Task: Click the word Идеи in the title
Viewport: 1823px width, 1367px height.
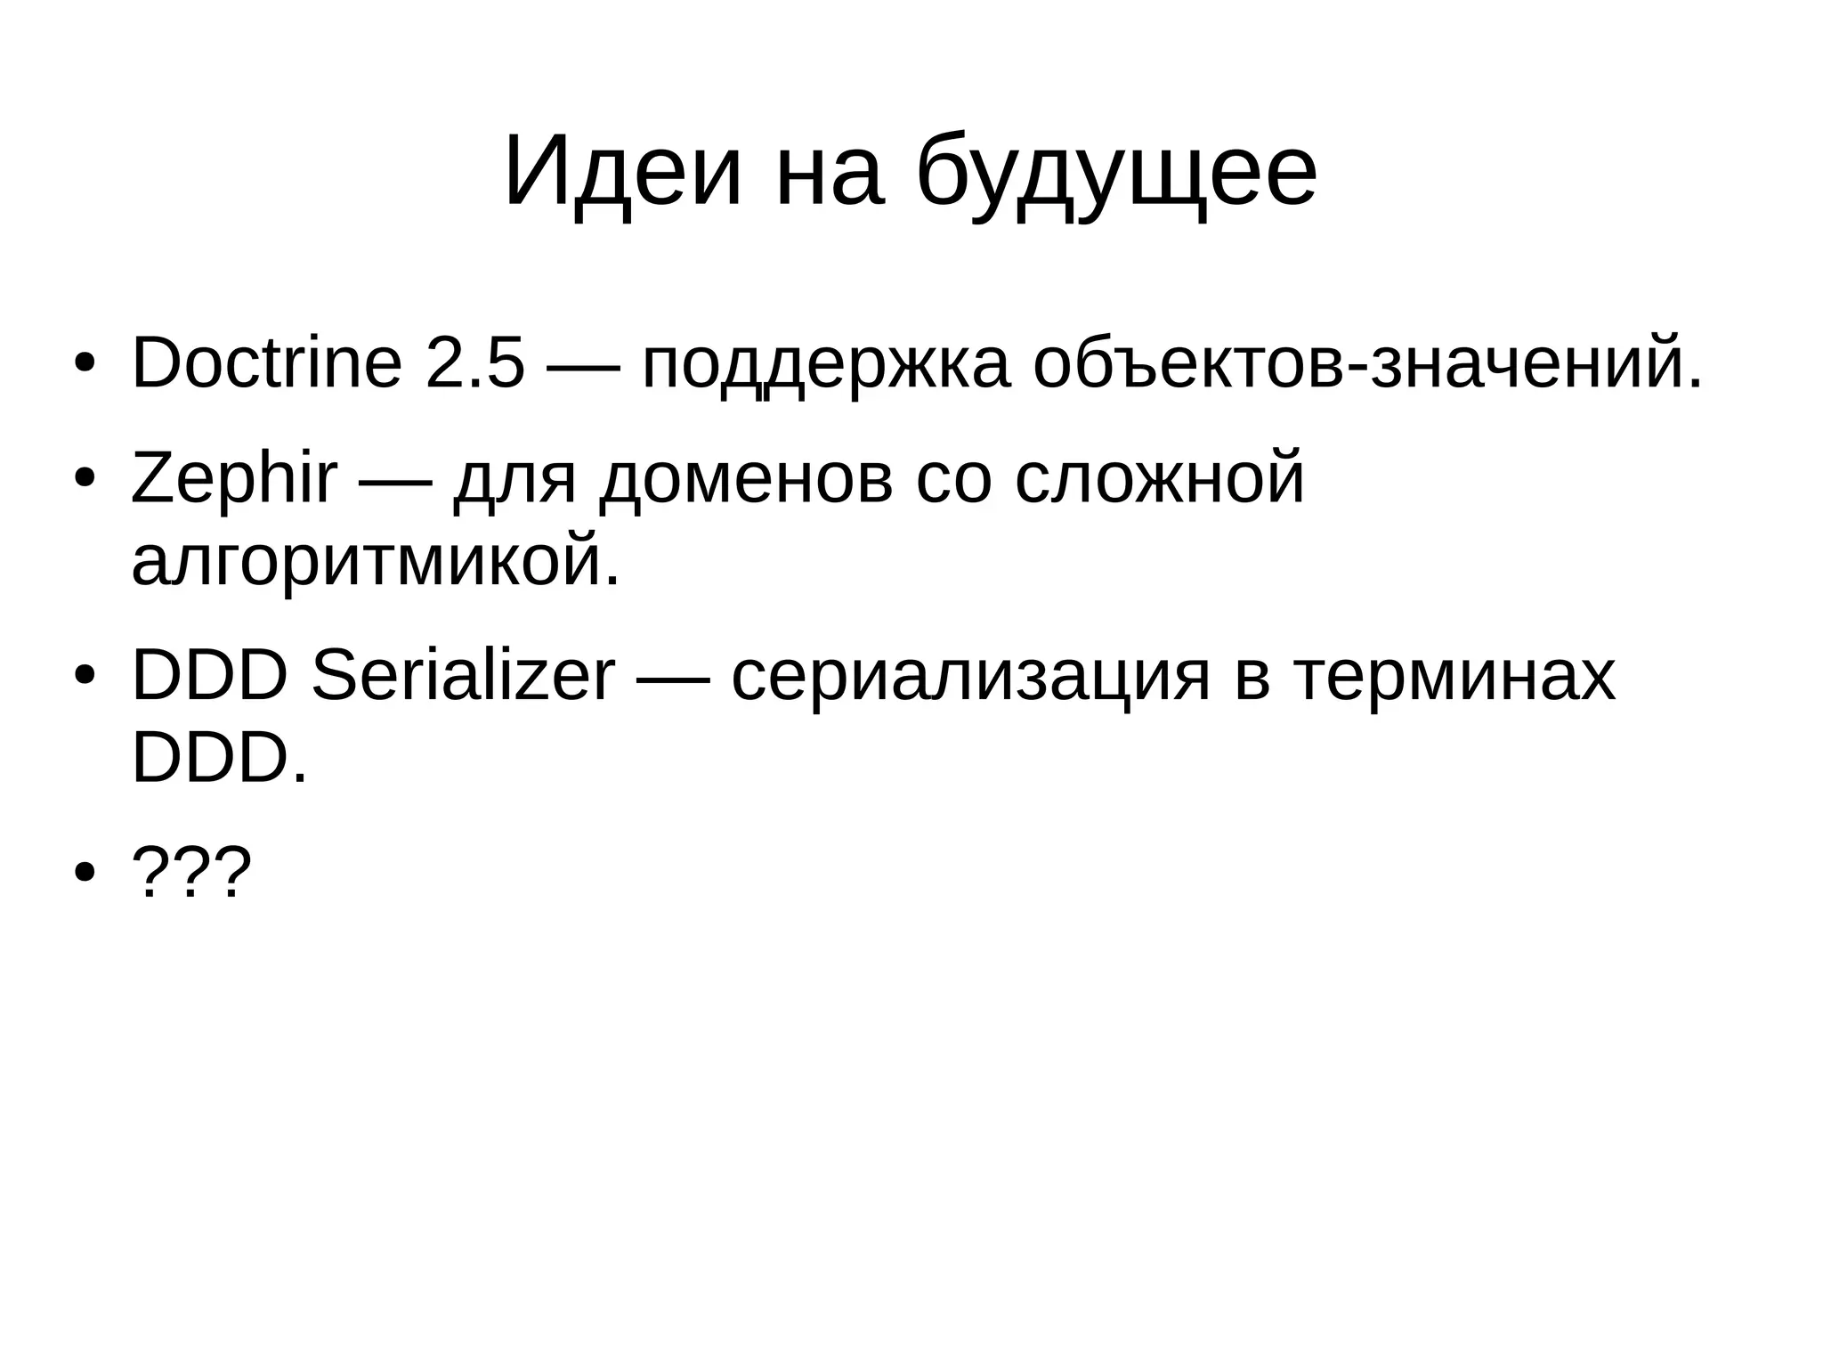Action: point(621,171)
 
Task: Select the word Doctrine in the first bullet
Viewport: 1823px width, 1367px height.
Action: point(266,363)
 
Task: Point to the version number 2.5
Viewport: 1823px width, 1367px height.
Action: point(475,363)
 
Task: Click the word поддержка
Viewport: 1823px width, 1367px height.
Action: point(825,365)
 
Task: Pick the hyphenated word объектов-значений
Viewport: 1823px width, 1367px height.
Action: point(1367,363)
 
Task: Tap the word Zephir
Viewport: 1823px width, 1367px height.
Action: point(234,478)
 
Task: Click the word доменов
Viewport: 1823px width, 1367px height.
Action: point(746,480)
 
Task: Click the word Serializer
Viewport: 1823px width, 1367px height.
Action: point(463,676)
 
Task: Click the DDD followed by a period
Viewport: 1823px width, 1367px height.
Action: point(219,758)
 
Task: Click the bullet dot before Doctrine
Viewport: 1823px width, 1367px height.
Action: point(85,365)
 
